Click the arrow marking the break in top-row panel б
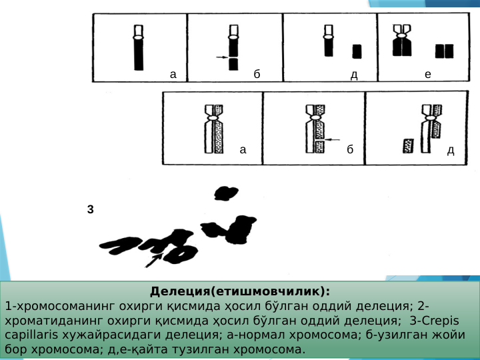[x=222, y=57]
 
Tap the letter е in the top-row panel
[x=427, y=74]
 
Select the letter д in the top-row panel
[x=354, y=75]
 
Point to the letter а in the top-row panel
[x=173, y=75]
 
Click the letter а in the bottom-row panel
[x=243, y=150]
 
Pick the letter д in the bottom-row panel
[x=451, y=150]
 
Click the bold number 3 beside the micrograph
[x=90, y=209]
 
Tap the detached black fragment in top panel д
[x=357, y=51]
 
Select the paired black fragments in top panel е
[x=445, y=51]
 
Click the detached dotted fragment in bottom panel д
[x=408, y=146]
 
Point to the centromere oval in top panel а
[x=139, y=37]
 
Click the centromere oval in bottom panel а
[x=214, y=118]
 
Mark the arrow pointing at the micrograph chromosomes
[x=153, y=261]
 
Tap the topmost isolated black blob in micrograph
[x=226, y=193]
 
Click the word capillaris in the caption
[x=31, y=335]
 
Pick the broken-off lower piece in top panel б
[x=233, y=64]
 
